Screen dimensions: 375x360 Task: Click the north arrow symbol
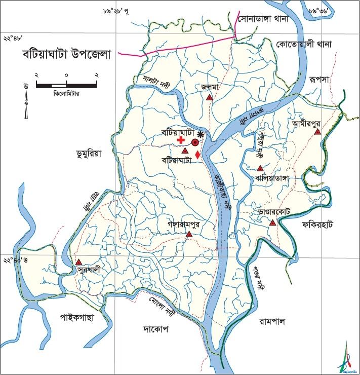coord(26,101)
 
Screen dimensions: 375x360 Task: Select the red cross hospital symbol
coord(181,139)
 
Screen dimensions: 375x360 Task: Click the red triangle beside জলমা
coord(209,98)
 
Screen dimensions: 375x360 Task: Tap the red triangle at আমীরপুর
coord(317,132)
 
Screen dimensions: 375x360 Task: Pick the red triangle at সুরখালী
coord(79,262)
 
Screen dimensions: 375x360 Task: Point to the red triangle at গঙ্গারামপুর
coord(189,234)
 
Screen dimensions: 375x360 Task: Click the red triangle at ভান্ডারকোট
coord(272,223)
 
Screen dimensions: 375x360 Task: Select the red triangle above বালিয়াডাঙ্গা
coord(260,168)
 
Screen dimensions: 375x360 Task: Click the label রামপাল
coord(273,321)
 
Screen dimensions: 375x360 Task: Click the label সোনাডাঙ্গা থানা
coord(263,20)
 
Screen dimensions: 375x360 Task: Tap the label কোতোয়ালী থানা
coord(303,45)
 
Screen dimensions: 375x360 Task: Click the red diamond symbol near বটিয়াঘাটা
coord(197,155)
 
